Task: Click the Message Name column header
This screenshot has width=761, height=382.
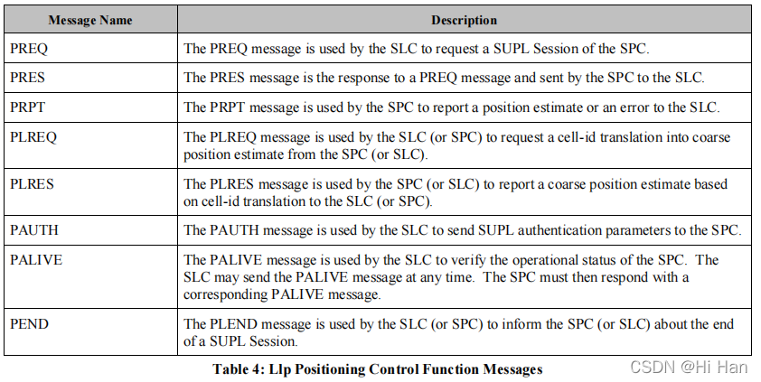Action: [x=90, y=19]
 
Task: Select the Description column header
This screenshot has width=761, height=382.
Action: [x=464, y=19]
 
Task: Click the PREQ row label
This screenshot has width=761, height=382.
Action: [x=28, y=48]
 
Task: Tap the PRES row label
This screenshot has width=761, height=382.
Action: [x=27, y=78]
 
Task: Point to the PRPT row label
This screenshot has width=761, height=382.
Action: [x=27, y=107]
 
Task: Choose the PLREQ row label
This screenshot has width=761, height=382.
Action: [x=32, y=137]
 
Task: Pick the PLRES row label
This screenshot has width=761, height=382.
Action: [x=32, y=184]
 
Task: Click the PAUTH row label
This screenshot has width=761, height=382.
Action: [x=33, y=230]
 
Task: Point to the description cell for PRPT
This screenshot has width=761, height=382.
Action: [x=451, y=107]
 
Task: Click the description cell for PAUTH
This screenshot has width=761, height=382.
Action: [x=462, y=230]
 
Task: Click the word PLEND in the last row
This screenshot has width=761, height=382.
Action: [x=230, y=323]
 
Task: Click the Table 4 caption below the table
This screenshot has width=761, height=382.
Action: [x=377, y=368]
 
